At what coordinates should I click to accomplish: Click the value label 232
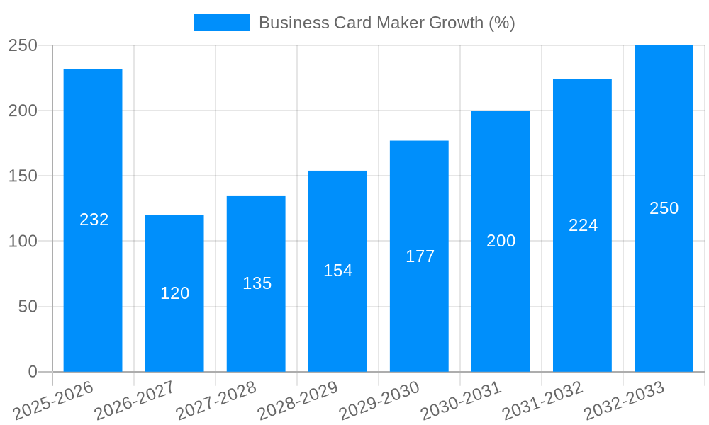pyautogui.click(x=94, y=220)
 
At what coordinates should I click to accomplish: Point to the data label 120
pyautogui.click(x=175, y=293)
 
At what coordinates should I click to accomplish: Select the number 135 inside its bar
pyautogui.click(x=257, y=283)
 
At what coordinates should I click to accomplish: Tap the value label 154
pyautogui.click(x=338, y=271)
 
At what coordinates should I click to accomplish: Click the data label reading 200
pyautogui.click(x=501, y=241)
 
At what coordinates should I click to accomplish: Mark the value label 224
pyautogui.click(x=584, y=225)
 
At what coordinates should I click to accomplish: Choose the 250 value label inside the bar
pyautogui.click(x=664, y=208)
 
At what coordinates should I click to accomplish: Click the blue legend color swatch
pyautogui.click(x=222, y=23)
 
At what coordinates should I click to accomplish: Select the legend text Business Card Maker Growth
pyautogui.click(x=386, y=23)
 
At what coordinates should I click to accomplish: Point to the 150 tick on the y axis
pyautogui.click(x=23, y=176)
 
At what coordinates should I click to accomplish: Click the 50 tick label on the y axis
pyautogui.click(x=28, y=307)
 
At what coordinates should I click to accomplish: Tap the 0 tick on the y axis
pyautogui.click(x=32, y=372)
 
